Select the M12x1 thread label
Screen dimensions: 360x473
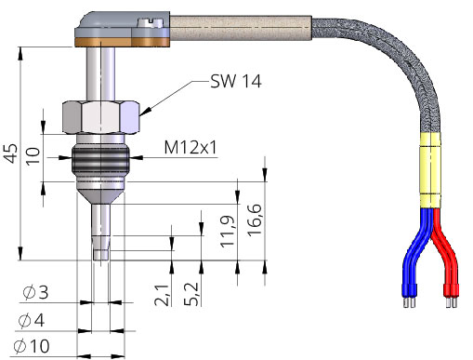pyautogui.click(x=191, y=147)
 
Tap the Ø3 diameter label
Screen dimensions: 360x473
pyautogui.click(x=36, y=293)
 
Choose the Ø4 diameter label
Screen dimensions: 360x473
pyautogui.click(x=36, y=321)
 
